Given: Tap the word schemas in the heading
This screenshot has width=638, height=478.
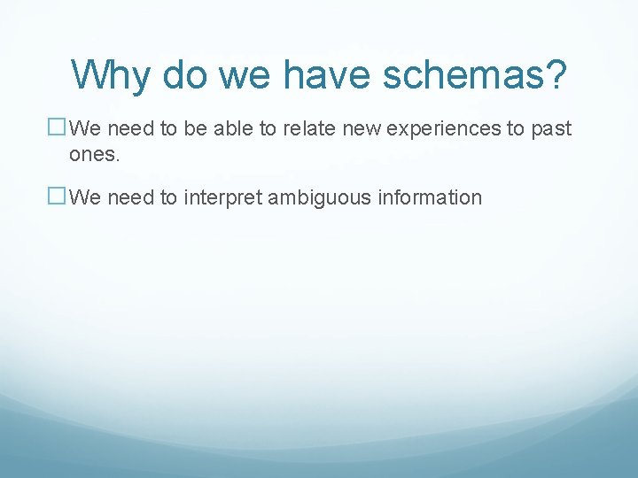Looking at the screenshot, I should pos(464,75).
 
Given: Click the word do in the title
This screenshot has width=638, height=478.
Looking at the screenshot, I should pos(185,75).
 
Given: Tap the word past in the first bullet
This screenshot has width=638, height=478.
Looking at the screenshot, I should pos(551,129).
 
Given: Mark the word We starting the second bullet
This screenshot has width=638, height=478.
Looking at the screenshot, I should pos(85,197).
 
